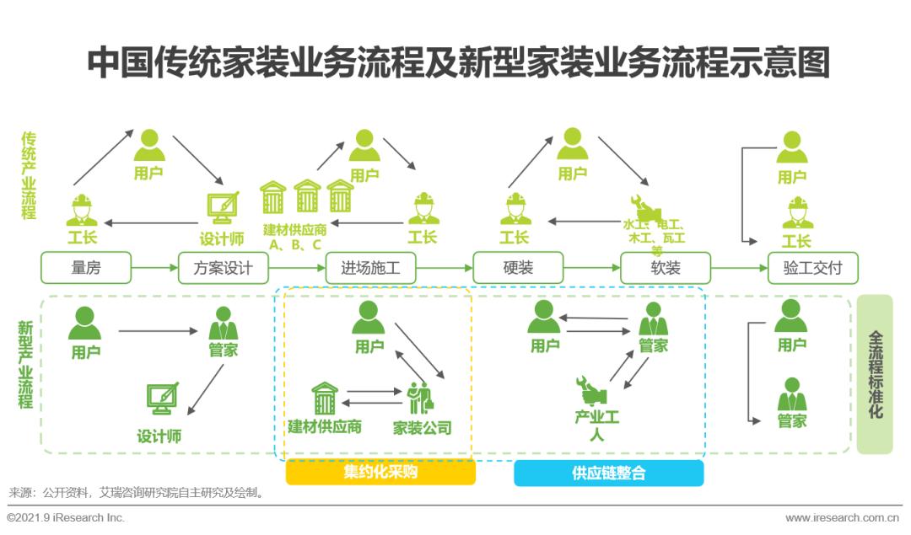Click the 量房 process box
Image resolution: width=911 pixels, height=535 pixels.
[86, 268]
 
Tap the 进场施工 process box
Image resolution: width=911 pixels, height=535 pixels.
[370, 268]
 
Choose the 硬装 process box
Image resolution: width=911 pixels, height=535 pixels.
[517, 268]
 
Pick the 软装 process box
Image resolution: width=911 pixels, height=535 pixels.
[665, 268]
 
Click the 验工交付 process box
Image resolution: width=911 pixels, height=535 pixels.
[812, 268]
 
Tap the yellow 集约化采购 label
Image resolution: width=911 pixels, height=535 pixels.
[380, 473]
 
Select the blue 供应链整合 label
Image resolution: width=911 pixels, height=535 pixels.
[608, 473]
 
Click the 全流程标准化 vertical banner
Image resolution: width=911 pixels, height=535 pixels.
[875, 374]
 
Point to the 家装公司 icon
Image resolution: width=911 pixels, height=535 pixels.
[421, 398]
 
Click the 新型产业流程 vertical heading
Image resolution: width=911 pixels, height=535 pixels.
[27, 364]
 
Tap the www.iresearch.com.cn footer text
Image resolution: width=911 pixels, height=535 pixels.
[841, 517]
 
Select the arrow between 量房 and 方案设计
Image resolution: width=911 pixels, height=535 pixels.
[154, 268]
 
